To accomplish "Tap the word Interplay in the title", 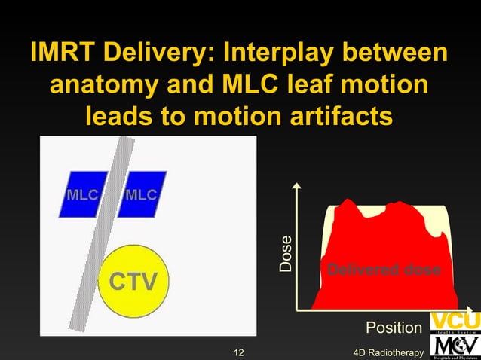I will click(x=290, y=55).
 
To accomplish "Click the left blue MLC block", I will click(x=81, y=194).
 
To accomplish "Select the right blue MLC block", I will click(x=141, y=194).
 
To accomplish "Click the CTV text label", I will click(x=134, y=282).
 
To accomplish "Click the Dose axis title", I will click(x=286, y=255).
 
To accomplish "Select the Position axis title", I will click(x=394, y=328).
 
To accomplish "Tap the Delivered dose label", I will click(x=383, y=270).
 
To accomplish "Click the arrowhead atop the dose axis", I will click(x=299, y=185).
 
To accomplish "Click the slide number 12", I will click(x=239, y=352).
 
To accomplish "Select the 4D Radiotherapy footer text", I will click(x=388, y=352).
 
